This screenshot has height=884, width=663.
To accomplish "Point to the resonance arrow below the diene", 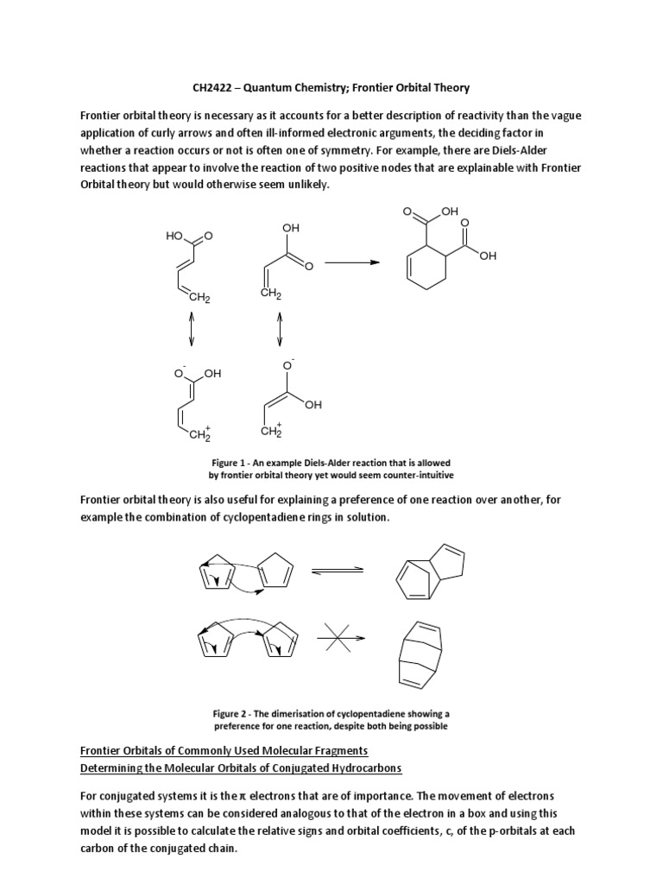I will (x=192, y=329).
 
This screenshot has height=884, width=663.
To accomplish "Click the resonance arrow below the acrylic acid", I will (x=279, y=329).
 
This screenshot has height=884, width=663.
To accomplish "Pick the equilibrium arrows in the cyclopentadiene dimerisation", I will (x=337, y=571).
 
